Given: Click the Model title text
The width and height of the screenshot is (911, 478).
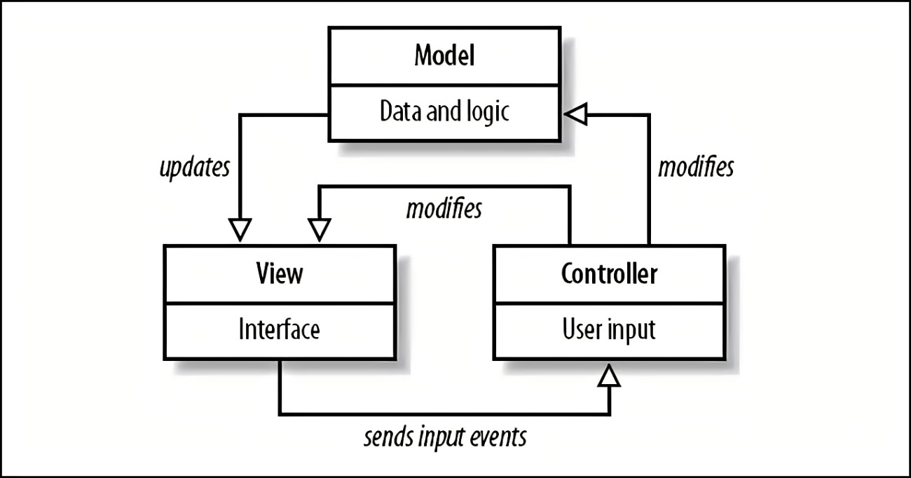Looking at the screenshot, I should [x=444, y=56].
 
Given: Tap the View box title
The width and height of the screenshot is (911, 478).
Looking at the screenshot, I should [x=280, y=273].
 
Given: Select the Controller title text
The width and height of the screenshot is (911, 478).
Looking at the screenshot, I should [x=609, y=273].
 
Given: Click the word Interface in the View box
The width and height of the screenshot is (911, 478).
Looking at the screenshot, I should [x=280, y=329].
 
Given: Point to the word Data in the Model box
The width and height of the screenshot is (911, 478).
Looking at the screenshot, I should [x=402, y=111].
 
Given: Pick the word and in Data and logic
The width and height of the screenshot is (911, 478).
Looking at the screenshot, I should [x=444, y=111].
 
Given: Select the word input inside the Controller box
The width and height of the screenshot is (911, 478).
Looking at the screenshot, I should [x=633, y=330].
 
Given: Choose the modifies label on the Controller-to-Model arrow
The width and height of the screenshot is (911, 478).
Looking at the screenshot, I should [x=697, y=168].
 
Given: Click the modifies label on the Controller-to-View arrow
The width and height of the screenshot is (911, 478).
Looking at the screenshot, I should [x=444, y=209].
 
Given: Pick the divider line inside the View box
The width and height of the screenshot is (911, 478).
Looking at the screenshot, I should [x=280, y=303].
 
